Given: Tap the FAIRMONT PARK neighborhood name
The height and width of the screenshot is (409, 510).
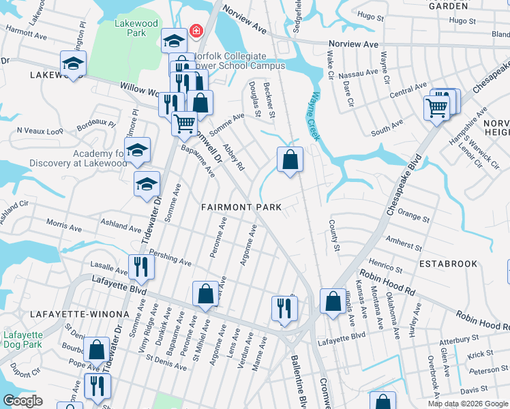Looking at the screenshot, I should click(241, 207).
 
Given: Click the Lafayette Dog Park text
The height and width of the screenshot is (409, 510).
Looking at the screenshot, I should click(22, 339).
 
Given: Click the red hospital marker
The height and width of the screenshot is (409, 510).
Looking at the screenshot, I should click(196, 31).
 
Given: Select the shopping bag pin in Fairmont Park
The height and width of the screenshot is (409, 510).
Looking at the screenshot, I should click(290, 160).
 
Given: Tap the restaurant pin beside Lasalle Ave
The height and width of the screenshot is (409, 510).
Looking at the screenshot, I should click(141, 266).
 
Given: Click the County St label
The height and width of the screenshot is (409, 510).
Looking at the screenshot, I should click(334, 235).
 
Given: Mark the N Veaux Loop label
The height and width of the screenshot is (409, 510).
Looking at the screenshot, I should click(40, 130).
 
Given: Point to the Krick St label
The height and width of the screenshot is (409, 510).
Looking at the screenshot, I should click(481, 354).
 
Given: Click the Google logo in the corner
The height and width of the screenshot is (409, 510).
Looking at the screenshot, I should click(23, 400).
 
